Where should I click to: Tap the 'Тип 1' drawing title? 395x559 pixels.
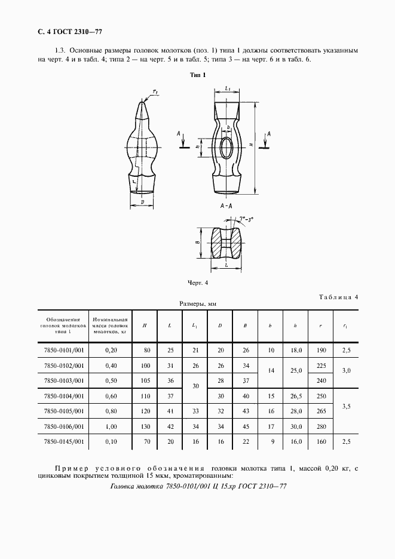[197, 75]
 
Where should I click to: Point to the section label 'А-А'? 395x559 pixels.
[226, 205]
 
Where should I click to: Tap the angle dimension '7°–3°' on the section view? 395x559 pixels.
[246, 219]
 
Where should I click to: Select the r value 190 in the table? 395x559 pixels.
[321, 350]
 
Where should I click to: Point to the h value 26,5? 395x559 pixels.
[295, 395]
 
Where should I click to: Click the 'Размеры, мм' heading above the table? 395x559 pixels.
[197, 304]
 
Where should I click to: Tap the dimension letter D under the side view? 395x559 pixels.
[142, 202]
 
